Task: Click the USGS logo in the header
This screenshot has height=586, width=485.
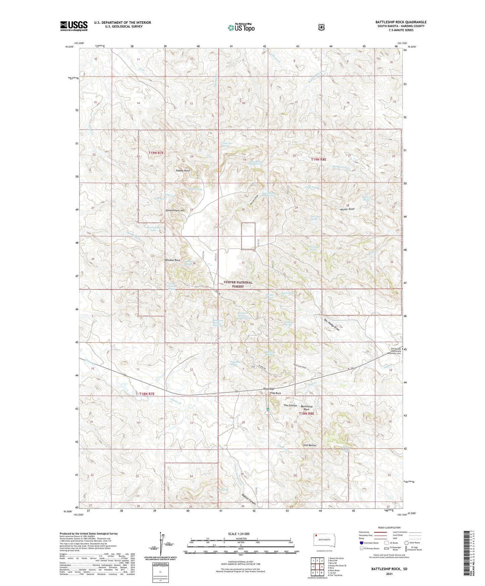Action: pos(74,26)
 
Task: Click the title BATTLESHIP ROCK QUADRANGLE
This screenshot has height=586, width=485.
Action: pos(401,22)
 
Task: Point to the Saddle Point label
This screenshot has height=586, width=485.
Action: pos(183,170)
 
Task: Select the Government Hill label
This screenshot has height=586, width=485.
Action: pos(175,210)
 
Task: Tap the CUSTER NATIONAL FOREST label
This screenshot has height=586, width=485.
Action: pos(238,284)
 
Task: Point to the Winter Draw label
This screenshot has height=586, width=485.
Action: pos(347,209)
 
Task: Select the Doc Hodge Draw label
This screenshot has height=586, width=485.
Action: pos(332,325)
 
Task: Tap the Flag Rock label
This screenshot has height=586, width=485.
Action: pos(275,393)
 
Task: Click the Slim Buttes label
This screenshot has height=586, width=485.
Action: pos(309,445)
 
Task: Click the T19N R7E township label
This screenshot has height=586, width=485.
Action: pos(156,153)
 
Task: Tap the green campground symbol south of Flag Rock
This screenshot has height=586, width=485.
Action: pos(268,409)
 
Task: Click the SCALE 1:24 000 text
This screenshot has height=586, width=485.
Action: pos(238,534)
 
